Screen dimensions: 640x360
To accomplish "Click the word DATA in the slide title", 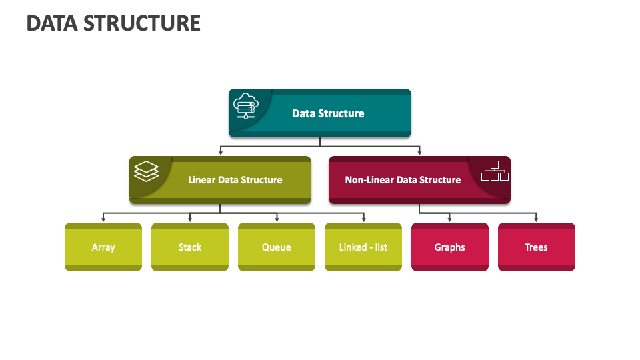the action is click(x=52, y=23).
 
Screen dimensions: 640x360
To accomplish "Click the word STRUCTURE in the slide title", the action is click(x=142, y=23).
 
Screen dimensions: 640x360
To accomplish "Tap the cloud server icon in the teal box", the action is click(x=246, y=106).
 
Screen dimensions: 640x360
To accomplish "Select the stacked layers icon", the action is click(x=146, y=171).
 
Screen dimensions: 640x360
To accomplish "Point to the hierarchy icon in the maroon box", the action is click(x=495, y=171).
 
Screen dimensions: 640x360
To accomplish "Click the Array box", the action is click(x=103, y=247).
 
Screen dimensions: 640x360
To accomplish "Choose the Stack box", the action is click(x=190, y=247).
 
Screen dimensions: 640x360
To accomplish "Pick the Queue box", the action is click(x=277, y=247).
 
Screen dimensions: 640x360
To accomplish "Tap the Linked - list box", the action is click(x=363, y=247).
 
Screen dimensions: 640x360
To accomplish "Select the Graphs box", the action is click(x=450, y=247).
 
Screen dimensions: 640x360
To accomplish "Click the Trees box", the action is click(x=536, y=247).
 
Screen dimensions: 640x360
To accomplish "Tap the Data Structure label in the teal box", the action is click(x=328, y=113).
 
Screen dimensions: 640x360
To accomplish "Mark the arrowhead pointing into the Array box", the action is click(x=103, y=219).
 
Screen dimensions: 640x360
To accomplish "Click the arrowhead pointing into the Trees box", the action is click(x=536, y=219).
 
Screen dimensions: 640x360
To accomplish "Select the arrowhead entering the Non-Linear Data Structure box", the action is click(x=419, y=153).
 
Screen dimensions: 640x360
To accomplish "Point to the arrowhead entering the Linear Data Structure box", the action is click(x=221, y=153).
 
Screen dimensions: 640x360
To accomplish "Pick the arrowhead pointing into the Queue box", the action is click(x=277, y=219).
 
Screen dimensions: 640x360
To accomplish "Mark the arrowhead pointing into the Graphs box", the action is click(x=450, y=219).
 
